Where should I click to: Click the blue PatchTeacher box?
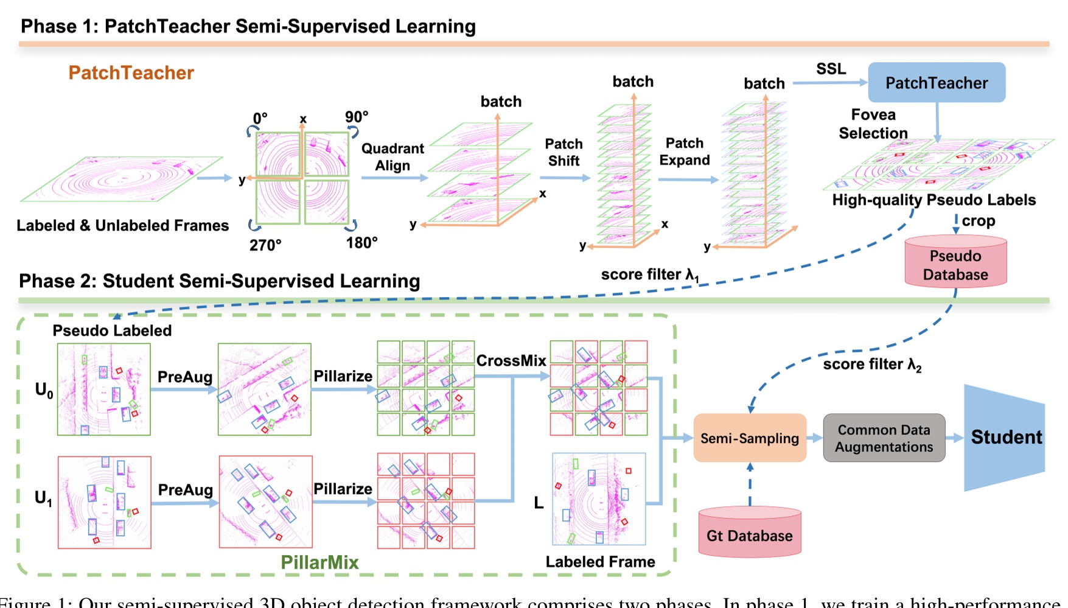[x=936, y=83]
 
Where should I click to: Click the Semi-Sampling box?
[x=749, y=438]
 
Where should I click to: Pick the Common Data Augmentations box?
[x=884, y=438]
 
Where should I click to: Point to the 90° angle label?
[x=357, y=116]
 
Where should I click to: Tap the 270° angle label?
[x=265, y=245]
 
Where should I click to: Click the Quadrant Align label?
[x=393, y=157]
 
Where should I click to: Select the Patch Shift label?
[x=564, y=152]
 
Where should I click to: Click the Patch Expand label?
[x=685, y=152]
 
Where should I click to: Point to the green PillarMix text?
[x=319, y=562]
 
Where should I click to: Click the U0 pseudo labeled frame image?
[x=104, y=390]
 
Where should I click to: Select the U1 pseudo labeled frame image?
[x=104, y=502]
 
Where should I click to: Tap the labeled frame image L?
[x=599, y=499]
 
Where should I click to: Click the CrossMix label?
[x=511, y=361]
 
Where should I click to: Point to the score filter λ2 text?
[x=871, y=365]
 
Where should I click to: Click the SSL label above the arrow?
[x=831, y=69]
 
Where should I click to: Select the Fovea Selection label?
[x=873, y=124]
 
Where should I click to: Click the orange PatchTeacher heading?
[x=131, y=73]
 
